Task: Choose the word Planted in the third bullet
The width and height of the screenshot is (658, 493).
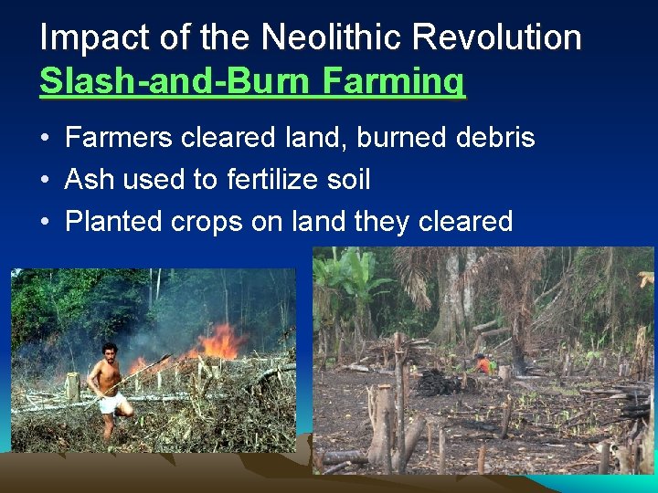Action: (x=115, y=221)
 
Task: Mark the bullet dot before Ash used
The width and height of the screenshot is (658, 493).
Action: (x=45, y=181)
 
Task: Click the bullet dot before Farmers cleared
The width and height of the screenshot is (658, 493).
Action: (x=45, y=140)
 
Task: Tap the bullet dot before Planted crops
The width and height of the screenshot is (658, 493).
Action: (x=45, y=222)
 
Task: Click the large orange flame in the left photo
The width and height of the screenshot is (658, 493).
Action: (x=219, y=343)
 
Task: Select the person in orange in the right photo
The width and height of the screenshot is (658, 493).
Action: (x=483, y=364)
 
